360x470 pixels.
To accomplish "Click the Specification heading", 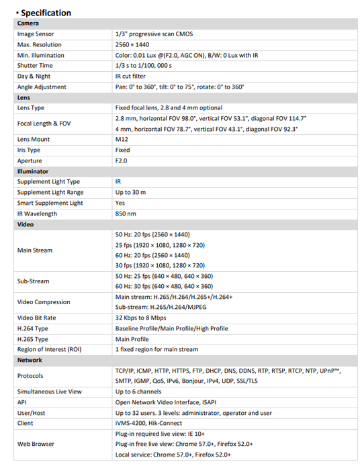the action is point(46,13).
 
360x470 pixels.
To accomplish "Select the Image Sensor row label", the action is point(36,34).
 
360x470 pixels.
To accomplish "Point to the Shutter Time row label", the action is point(35,66).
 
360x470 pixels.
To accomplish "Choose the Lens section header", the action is point(24,97).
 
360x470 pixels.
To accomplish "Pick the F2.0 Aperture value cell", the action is point(122,160).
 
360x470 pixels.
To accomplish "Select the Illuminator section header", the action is point(32,171).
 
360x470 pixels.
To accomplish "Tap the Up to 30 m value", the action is point(130,192).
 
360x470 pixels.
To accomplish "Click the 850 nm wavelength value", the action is point(125,214).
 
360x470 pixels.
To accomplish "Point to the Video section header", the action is point(25,224).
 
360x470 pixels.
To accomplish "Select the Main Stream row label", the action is point(34,250).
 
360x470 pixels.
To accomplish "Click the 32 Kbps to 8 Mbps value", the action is point(140,318).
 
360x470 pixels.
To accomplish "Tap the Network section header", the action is point(30,360).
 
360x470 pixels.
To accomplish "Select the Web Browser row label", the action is point(36,444).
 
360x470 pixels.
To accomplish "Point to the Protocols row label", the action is point(30,375).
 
